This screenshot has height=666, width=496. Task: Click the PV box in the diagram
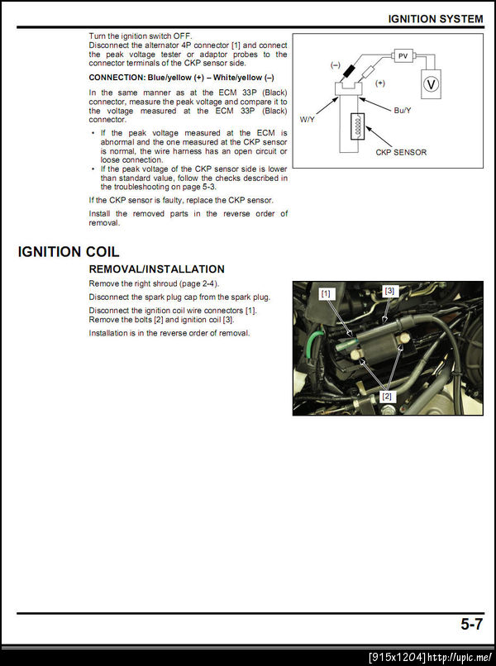pos(403,55)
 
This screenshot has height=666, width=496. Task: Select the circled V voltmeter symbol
pos(430,84)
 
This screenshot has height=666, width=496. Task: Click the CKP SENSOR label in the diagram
pos(401,152)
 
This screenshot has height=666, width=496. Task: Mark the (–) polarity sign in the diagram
pos(336,64)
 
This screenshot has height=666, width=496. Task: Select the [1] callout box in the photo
pos(326,293)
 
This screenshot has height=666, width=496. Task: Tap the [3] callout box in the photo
pos(390,290)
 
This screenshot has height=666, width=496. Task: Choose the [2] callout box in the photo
pos(386,397)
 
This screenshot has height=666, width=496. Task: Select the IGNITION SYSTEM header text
pos(436,18)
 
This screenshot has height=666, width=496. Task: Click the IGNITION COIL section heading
pos(69,251)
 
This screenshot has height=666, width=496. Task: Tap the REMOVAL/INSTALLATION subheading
pos(156,269)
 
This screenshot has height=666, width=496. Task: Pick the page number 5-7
pos(471,625)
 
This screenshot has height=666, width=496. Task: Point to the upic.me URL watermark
pos(459,657)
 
